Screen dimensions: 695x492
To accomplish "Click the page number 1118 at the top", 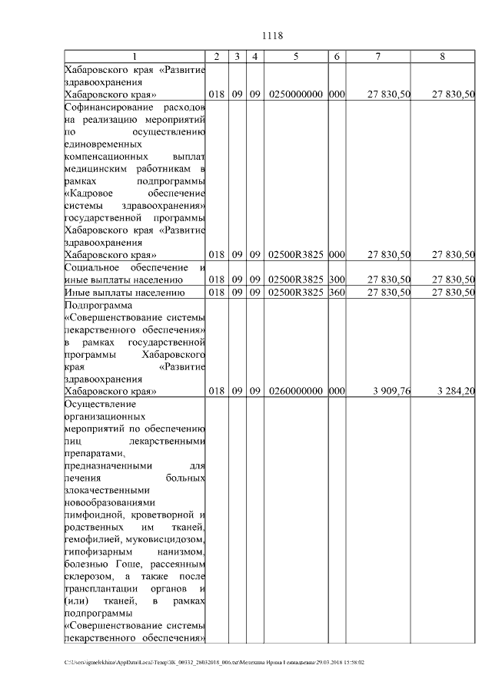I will [x=273, y=35].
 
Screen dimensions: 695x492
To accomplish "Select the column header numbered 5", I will [x=296, y=58].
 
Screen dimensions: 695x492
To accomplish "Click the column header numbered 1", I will [x=135, y=58].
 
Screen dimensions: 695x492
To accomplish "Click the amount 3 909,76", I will [x=392, y=391].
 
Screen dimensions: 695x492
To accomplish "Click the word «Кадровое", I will [x=89, y=193].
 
